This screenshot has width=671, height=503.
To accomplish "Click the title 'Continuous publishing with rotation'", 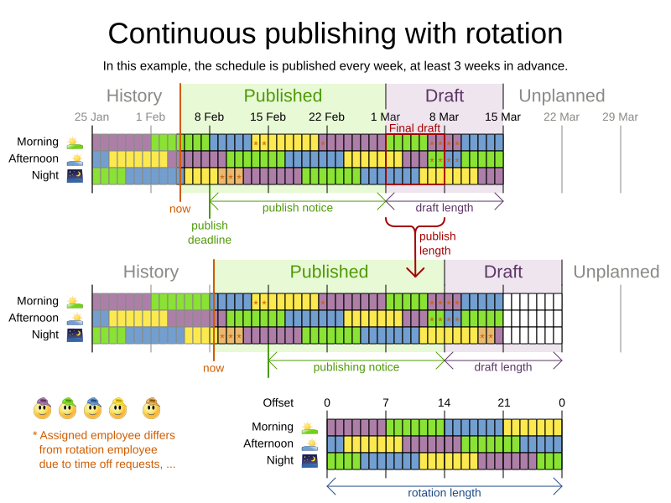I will point(335,34).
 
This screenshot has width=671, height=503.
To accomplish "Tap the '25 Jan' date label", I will point(91,117).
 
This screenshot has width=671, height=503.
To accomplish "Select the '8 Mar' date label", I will point(444,117).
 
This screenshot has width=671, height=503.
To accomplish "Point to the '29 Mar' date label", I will point(620,117).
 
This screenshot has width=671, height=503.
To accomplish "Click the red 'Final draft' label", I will point(414,128).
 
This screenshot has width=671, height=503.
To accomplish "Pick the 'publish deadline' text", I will point(210,232).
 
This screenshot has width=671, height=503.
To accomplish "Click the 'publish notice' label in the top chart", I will point(297,208).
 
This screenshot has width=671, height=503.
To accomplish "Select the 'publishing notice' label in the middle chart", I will point(356,367).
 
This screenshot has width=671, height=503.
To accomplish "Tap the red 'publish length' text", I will point(437,243).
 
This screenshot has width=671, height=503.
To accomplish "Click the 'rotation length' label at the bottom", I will point(445,493).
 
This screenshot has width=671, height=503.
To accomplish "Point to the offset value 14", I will point(445,403).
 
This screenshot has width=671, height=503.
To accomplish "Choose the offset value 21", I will point(503,403).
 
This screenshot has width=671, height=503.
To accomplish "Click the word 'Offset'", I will point(278,403).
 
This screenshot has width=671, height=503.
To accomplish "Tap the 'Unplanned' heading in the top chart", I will point(562,96).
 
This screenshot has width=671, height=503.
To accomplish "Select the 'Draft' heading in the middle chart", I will point(503,272).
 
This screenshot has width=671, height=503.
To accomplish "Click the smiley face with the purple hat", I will point(43,408).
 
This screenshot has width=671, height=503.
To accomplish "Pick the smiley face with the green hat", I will point(68,408).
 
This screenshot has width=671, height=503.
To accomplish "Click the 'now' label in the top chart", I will point(180,209).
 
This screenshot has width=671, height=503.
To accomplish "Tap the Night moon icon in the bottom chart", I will point(309,460).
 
